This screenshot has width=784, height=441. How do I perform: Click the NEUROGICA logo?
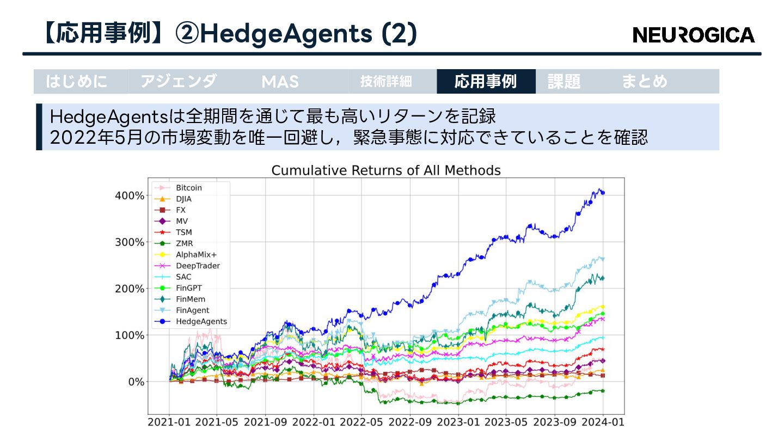click(694, 35)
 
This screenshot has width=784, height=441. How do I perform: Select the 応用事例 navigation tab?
click(486, 82)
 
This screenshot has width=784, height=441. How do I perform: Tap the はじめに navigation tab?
click(77, 82)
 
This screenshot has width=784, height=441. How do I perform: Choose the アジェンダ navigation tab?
click(179, 82)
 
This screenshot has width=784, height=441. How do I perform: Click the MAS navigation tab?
click(280, 82)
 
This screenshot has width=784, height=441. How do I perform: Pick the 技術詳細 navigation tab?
click(386, 82)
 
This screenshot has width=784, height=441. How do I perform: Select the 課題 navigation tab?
click(564, 82)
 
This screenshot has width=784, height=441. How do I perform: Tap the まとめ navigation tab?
click(645, 82)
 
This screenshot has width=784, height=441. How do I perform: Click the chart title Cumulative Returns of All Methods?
click(386, 170)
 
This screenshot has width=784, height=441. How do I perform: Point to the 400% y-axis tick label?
click(130, 195)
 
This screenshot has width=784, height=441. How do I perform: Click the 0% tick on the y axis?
click(134, 382)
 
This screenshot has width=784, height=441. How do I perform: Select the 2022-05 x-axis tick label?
click(362, 422)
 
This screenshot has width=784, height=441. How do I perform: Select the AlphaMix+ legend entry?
click(196, 255)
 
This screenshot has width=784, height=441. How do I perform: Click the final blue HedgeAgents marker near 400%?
click(603, 193)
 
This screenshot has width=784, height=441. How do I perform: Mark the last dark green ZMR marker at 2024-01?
click(603, 390)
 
